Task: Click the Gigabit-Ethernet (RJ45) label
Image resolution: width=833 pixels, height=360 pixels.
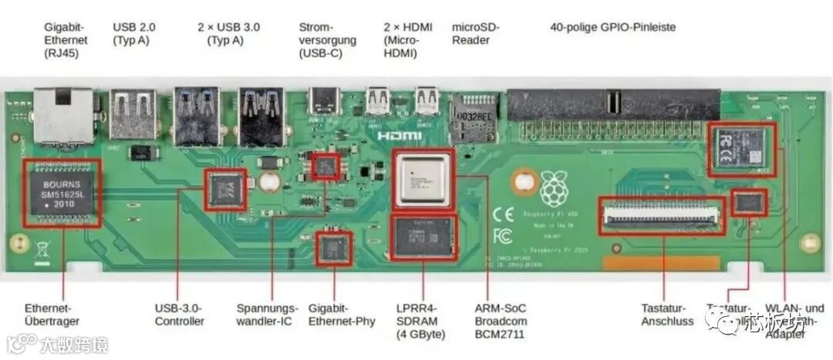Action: tap(66, 40)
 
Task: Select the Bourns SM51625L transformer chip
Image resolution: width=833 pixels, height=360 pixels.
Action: tap(62, 193)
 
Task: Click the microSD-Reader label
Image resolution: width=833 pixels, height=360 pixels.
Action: tap(475, 33)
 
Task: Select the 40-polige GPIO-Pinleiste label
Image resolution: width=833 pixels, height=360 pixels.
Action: tap(612, 27)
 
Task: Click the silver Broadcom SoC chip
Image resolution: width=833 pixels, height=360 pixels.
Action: tap(422, 180)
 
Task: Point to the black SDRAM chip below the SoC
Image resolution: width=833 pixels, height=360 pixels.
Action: tap(424, 237)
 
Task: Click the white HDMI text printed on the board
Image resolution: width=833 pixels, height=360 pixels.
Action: tap(400, 136)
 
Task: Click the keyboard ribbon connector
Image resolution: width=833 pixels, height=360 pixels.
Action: tap(663, 217)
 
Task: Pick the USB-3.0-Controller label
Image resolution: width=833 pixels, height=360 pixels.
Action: tap(180, 315)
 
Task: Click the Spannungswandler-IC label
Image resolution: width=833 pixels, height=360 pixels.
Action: tap(267, 315)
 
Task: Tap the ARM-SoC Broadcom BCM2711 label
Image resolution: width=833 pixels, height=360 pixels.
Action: tap(501, 321)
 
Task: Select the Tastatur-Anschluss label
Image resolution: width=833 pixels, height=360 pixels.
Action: tap(667, 315)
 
